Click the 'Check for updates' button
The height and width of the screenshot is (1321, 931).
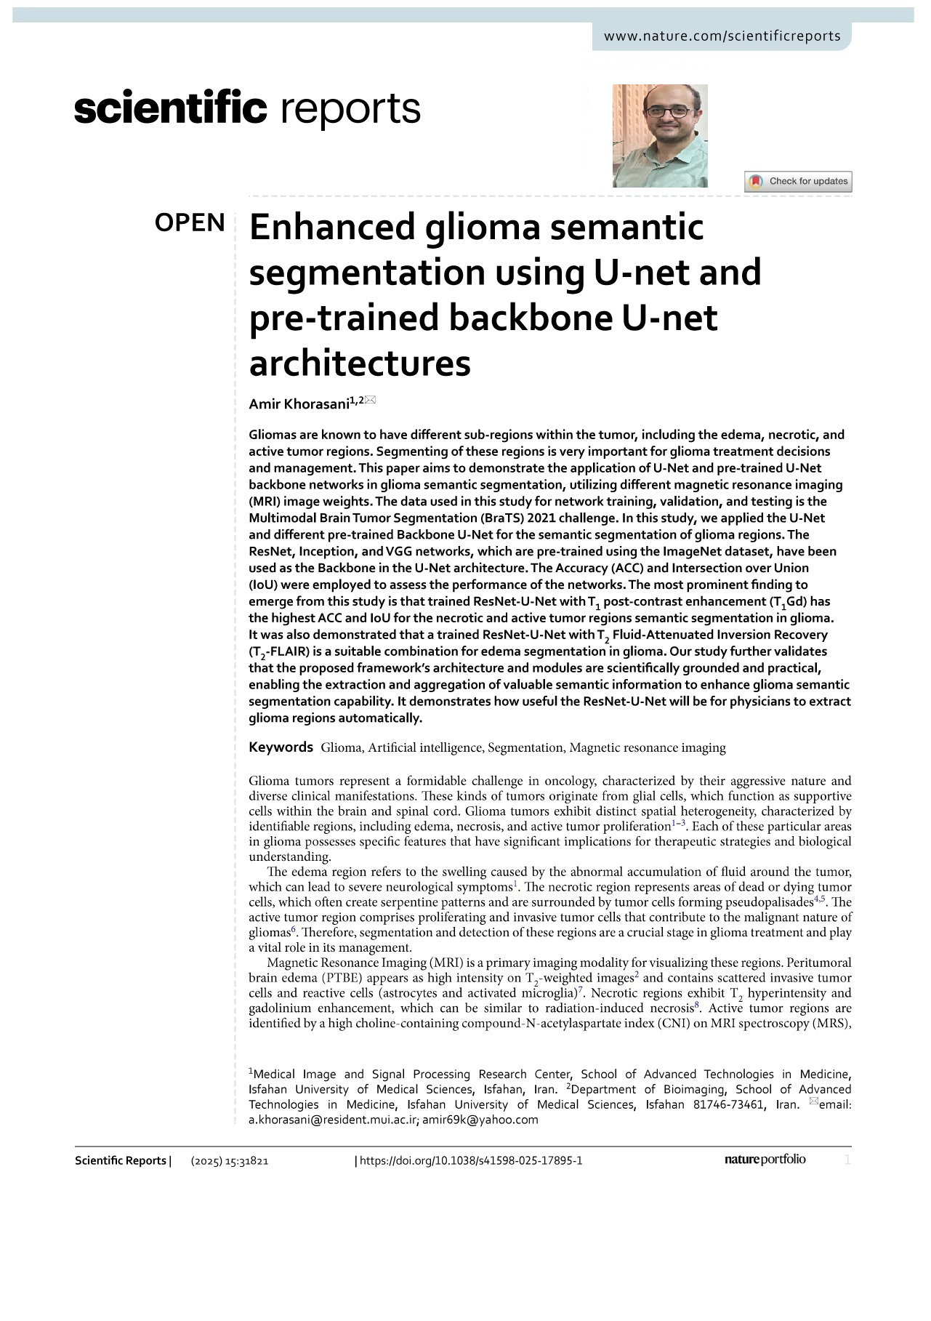click(x=798, y=181)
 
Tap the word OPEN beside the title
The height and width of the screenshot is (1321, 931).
click(x=190, y=223)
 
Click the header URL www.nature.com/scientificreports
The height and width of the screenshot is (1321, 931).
click(x=722, y=36)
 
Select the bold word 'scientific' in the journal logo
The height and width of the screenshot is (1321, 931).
click(x=171, y=109)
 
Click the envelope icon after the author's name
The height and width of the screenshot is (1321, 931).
click(x=371, y=400)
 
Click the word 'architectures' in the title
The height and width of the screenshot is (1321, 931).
click(x=360, y=363)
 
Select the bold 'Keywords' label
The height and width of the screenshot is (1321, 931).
click(x=281, y=747)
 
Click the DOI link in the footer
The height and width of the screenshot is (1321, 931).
click(x=471, y=1160)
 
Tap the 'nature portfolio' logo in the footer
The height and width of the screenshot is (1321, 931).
click(x=765, y=1160)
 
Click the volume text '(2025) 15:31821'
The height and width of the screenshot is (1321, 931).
click(x=230, y=1161)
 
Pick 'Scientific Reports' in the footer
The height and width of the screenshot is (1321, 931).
click(x=121, y=1160)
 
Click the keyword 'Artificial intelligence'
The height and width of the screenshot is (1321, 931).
click(x=425, y=747)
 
